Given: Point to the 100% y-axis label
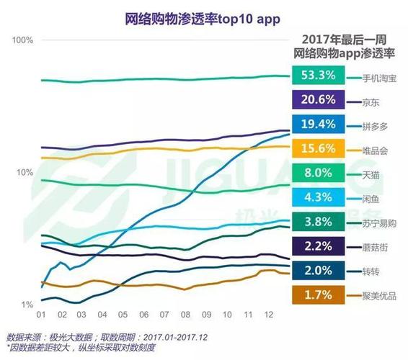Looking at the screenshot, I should click(x=23, y=40).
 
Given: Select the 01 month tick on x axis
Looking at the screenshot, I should click(x=42, y=315).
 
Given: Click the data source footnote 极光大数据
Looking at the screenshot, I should click(x=83, y=337).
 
